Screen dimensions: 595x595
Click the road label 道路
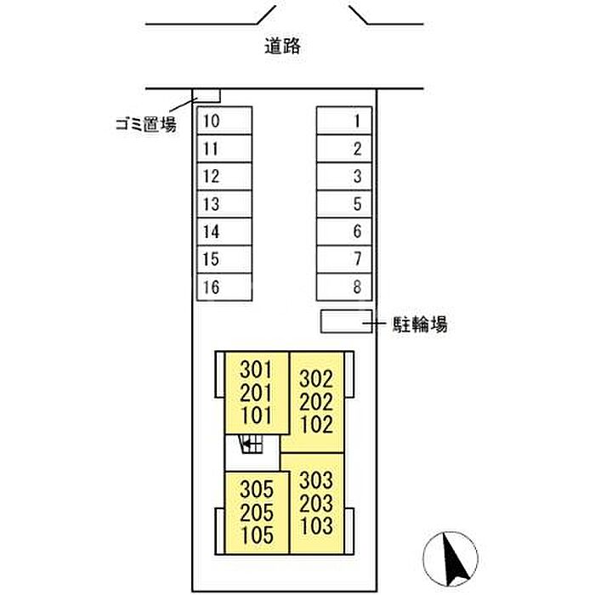pyautogui.click(x=283, y=46)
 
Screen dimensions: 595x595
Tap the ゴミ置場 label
pyautogui.click(x=146, y=124)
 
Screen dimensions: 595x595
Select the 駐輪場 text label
pyautogui.click(x=420, y=325)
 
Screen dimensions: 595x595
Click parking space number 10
pyautogui.click(x=224, y=121)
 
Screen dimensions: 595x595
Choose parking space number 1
pyautogui.click(x=343, y=121)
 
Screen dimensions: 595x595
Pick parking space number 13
pyautogui.click(x=224, y=204)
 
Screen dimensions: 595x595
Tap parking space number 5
pyautogui.click(x=343, y=204)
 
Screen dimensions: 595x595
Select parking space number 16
pyautogui.click(x=224, y=287)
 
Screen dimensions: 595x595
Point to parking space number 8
pyautogui.click(x=343, y=287)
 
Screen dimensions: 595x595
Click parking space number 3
pyautogui.click(x=343, y=177)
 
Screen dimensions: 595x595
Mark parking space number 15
pyautogui.click(x=224, y=259)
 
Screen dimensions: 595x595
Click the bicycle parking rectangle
pyautogui.click(x=346, y=321)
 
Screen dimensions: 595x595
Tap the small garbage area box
pyautogui.click(x=208, y=95)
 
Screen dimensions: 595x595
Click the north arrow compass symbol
pyautogui.click(x=450, y=559)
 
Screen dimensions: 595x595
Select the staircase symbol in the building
pyautogui.click(x=251, y=444)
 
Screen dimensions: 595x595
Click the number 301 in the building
pyautogui.click(x=256, y=370)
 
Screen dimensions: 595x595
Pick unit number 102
pyautogui.click(x=316, y=424)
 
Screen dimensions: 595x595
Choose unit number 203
pyautogui.click(x=316, y=503)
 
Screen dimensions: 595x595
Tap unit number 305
pyautogui.click(x=257, y=490)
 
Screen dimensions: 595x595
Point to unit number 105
pyautogui.click(x=257, y=535)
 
